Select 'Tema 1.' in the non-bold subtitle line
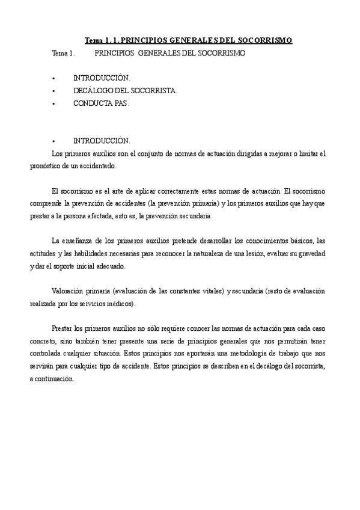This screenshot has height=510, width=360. pos(63,53)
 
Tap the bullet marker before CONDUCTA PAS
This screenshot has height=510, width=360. pos(53,103)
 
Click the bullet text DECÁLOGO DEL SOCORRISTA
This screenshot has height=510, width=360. pos(125,91)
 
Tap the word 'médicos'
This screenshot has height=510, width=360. pos(121,304)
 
